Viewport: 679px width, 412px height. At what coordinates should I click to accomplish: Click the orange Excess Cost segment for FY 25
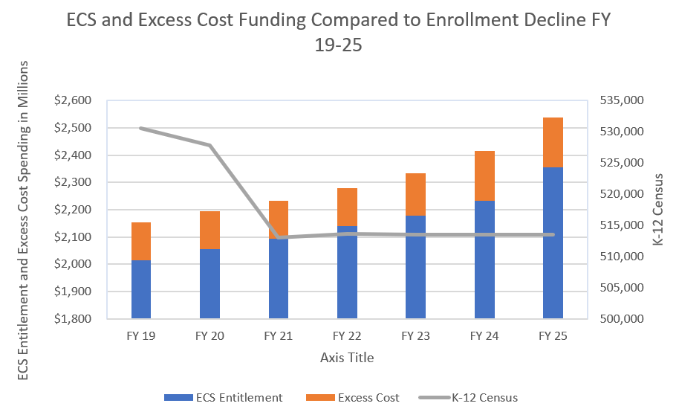553,142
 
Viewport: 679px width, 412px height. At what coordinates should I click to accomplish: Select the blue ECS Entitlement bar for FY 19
141,289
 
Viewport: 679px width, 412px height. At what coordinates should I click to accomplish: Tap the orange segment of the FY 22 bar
347,207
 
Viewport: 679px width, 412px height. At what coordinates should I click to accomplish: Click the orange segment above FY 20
209,230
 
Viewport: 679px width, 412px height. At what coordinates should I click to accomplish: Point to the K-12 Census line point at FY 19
141,128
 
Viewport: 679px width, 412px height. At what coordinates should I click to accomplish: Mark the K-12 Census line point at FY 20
209,145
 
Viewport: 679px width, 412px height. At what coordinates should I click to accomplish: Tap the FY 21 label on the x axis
279,336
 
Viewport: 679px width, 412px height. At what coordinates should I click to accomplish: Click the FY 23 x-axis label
415,336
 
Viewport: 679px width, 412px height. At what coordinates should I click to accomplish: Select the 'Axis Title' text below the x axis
347,358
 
